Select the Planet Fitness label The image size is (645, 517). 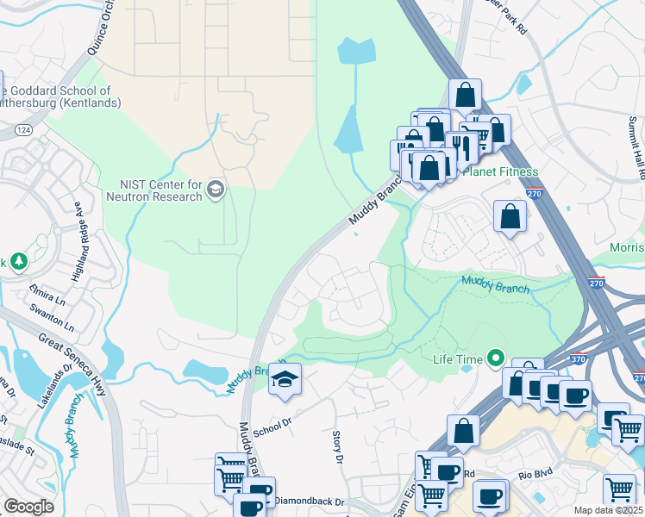click(500, 172)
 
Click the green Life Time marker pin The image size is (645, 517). click(495, 357)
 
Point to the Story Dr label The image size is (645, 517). click(338, 446)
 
